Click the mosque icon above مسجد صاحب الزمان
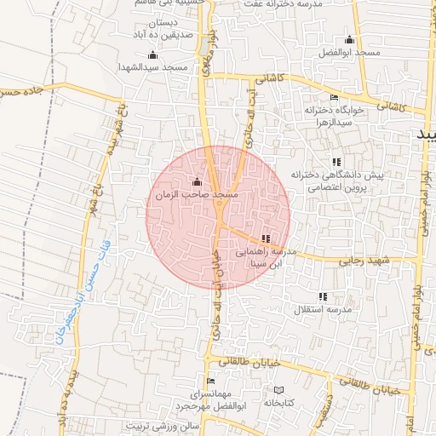pyautogui.click(x=198, y=181)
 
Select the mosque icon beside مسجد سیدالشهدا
pyautogui.click(x=152, y=55)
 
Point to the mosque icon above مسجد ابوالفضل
pyautogui.click(x=348, y=40)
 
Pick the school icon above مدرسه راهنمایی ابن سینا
pyautogui.click(x=266, y=238)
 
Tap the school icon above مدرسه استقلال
pyautogui.click(x=323, y=296)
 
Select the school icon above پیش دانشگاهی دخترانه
pyautogui.click(x=336, y=162)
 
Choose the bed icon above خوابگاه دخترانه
pyautogui.click(x=334, y=98)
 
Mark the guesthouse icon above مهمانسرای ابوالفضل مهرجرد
pyautogui.click(x=211, y=381)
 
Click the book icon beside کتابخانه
pyautogui.click(x=278, y=390)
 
